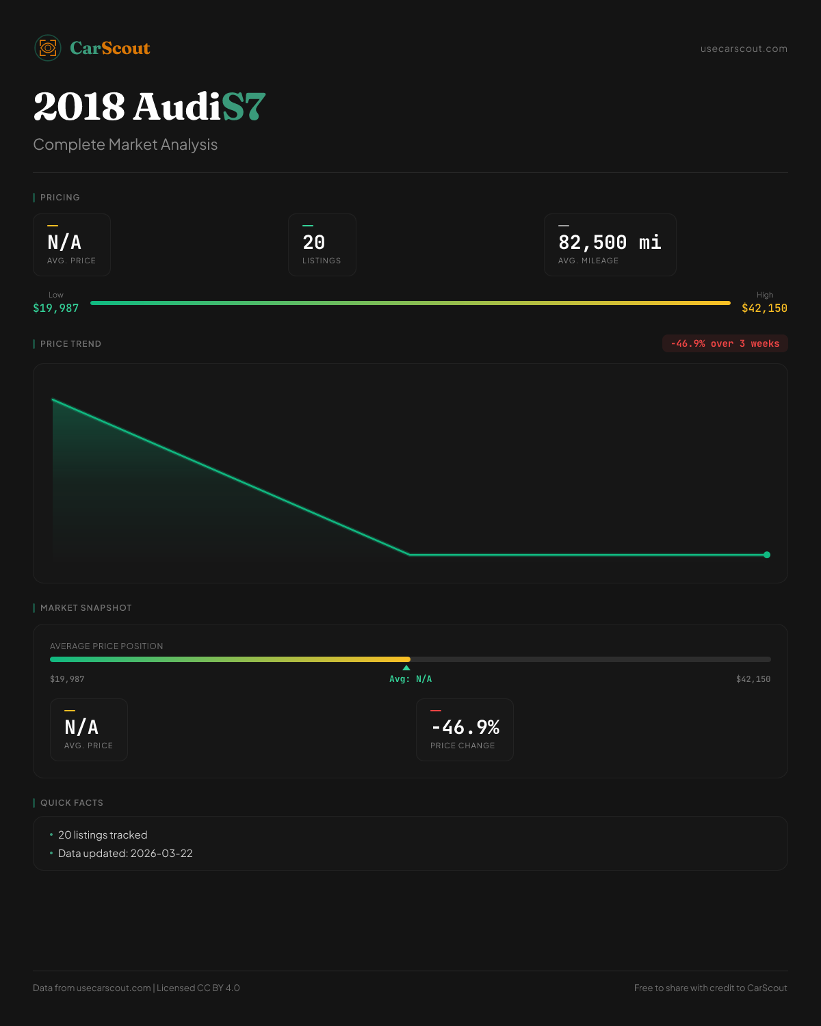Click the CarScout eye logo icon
[x=48, y=48]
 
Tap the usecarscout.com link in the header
[x=744, y=49]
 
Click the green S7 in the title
[x=244, y=107]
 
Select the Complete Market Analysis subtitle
[x=125, y=145]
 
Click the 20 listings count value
[x=314, y=243]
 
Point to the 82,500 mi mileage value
[x=610, y=243]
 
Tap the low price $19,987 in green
[x=56, y=308]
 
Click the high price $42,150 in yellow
[x=764, y=308]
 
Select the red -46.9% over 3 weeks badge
[x=725, y=343]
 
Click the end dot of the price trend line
[x=766, y=555]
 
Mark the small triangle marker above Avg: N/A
[x=406, y=668]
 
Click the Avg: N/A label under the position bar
[x=410, y=679]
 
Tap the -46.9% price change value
[x=465, y=727]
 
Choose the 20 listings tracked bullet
[x=103, y=835]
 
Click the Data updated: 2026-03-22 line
[x=125, y=854]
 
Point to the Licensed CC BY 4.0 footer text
[x=198, y=988]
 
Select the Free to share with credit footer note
[x=710, y=988]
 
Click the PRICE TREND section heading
[x=70, y=344]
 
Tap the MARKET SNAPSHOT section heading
[x=86, y=608]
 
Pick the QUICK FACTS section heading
[x=72, y=803]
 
